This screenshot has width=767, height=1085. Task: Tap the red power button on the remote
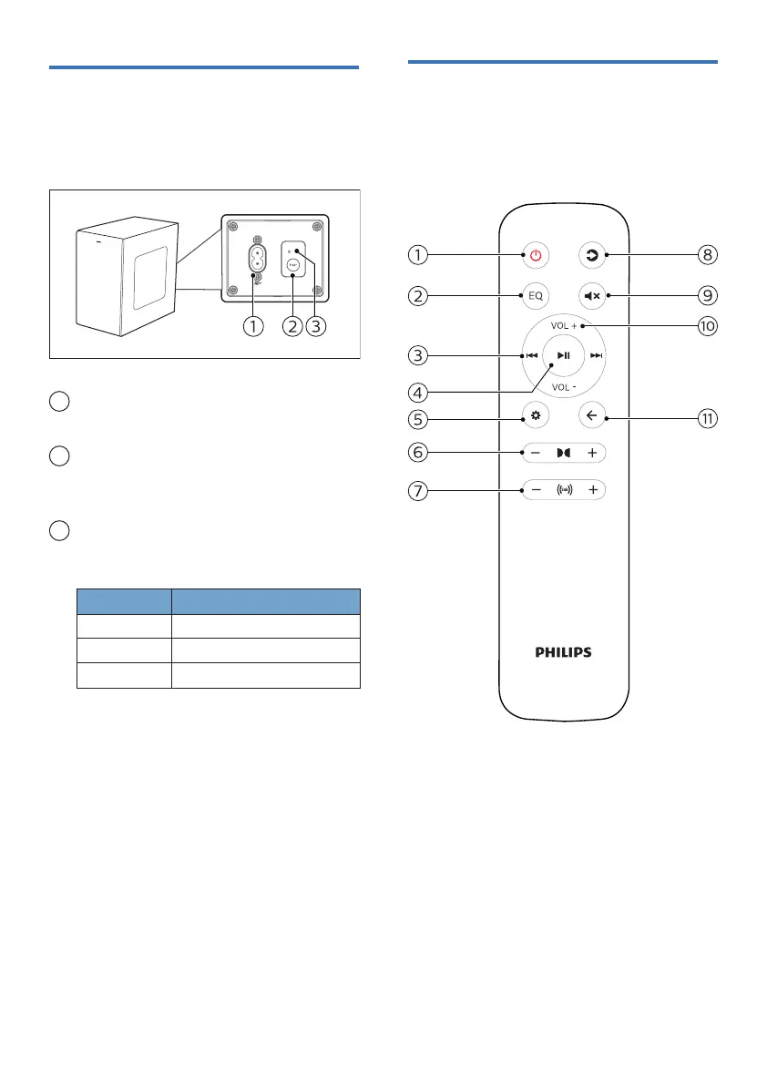coord(536,255)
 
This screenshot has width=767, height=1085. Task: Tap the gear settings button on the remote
coord(536,416)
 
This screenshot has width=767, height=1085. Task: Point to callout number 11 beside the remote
coord(707,419)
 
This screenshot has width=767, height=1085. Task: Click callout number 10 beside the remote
coord(707,325)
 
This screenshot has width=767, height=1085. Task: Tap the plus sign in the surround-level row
coord(593,490)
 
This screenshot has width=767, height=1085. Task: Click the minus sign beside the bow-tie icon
coord(536,452)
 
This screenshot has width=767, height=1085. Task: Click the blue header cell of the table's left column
coord(124,601)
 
